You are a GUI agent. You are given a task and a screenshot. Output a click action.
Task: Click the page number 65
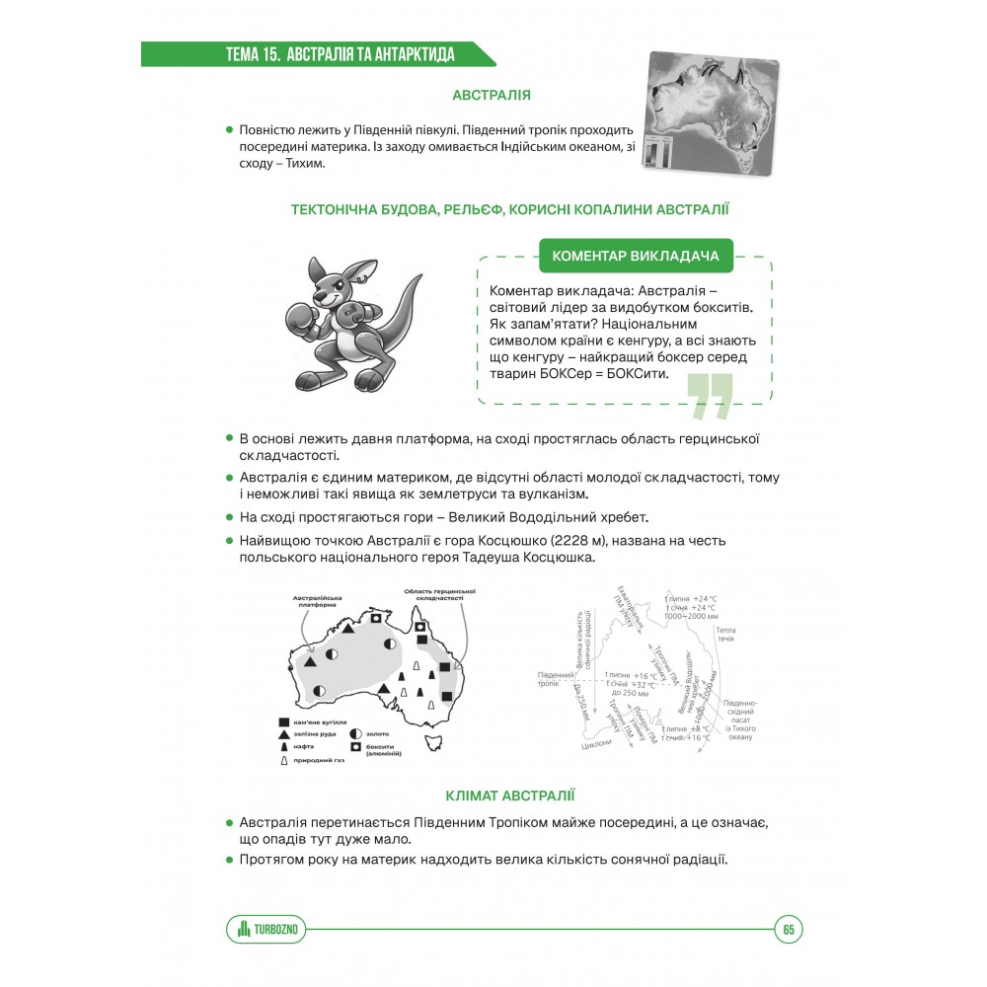point(789,929)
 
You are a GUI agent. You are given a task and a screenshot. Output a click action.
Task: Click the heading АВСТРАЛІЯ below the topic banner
point(492,96)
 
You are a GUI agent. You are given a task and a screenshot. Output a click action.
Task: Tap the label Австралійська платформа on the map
point(318,603)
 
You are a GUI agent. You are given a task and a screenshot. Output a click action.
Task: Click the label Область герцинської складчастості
point(439,595)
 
